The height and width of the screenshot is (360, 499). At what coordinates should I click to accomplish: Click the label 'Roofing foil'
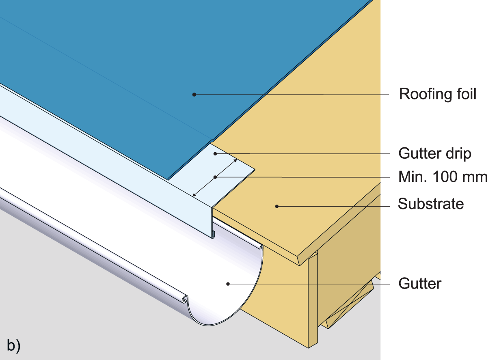(437, 94)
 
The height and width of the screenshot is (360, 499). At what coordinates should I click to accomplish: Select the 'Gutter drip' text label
(434, 154)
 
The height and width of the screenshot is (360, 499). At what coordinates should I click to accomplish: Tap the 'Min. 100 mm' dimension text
(443, 177)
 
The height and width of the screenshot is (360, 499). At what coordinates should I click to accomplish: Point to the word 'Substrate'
(430, 203)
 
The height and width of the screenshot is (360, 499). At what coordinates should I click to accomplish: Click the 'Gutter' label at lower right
(420, 283)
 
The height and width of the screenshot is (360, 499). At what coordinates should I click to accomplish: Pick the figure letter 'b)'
(13, 345)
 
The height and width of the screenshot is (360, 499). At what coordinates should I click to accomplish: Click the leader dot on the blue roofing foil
(194, 95)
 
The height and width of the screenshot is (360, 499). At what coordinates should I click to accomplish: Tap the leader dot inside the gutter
(228, 284)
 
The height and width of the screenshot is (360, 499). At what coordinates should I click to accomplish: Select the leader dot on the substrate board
(277, 206)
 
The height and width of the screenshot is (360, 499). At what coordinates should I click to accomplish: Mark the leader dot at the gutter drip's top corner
(216, 153)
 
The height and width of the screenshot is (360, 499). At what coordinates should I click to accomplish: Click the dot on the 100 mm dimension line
(215, 177)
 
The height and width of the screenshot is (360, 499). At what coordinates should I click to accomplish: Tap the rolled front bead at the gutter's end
(185, 300)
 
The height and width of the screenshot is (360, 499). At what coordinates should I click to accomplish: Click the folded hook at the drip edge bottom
(214, 233)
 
